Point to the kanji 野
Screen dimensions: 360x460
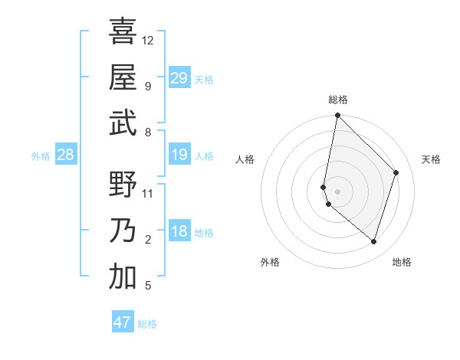pos(123,185)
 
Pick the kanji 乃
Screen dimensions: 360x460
pos(123,231)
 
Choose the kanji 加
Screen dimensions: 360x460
pos(123,277)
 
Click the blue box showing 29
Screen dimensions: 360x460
pos(179,78)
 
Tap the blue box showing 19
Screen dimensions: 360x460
pos(179,155)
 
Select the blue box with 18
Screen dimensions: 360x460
pos(179,232)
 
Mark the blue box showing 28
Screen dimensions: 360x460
pos(66,155)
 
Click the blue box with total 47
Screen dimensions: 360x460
pos(123,322)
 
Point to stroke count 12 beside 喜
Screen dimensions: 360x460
pos(148,40)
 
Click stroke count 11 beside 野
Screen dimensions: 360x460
pos(148,194)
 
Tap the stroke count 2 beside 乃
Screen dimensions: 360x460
pos(148,240)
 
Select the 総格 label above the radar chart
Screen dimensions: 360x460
pos(338,100)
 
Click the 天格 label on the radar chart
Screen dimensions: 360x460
pos(431,159)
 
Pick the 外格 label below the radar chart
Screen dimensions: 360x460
pos(270,262)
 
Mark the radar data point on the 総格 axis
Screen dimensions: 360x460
pos(337,116)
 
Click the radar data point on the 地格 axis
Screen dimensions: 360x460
pos(373,241)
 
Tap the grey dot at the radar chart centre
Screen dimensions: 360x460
pos(337,191)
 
